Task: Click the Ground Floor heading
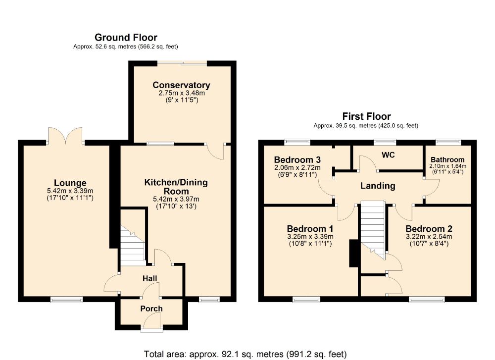126,38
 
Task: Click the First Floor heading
366,116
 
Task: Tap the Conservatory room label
181,85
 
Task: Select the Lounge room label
70,183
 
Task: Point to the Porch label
151,309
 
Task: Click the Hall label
149,278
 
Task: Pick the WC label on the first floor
388,155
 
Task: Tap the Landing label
378,186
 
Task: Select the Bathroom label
447,159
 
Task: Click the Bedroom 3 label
297,160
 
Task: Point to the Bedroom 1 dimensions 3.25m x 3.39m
310,237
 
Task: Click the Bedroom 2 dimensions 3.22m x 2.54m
429,237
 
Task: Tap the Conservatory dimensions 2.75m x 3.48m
182,93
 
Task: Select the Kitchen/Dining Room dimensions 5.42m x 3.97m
176,199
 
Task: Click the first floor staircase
373,229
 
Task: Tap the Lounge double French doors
65,136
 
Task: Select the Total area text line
246,355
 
